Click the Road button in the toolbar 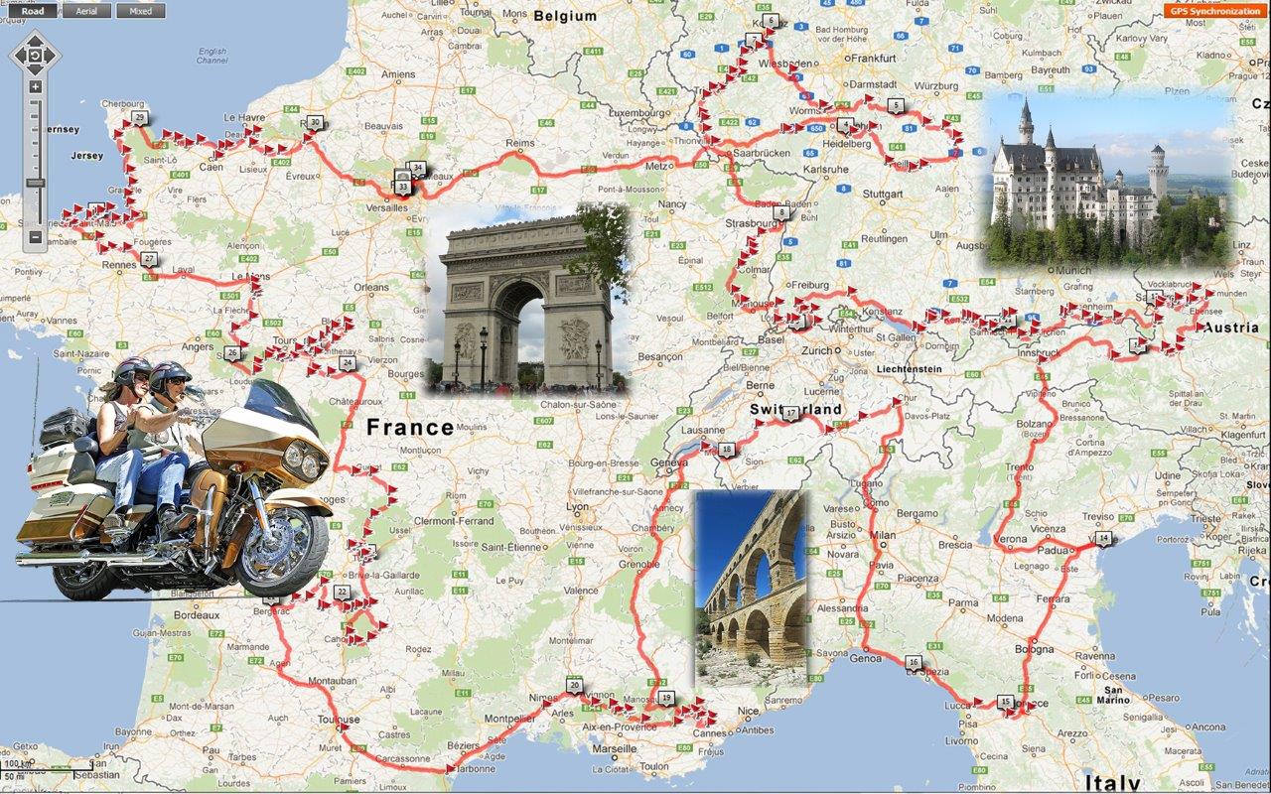click(33, 12)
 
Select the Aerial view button click(86, 12)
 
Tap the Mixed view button click(140, 12)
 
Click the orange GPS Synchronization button click(1214, 11)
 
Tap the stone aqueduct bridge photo click(750, 588)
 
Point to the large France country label click(410, 428)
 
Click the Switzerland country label click(795, 409)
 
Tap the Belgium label click(565, 16)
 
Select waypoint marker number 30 click(315, 123)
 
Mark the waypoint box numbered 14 click(1103, 539)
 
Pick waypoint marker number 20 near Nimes click(574, 685)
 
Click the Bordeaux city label click(197, 615)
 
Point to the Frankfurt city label click(874, 59)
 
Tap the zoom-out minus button click(35, 237)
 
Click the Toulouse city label click(338, 720)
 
